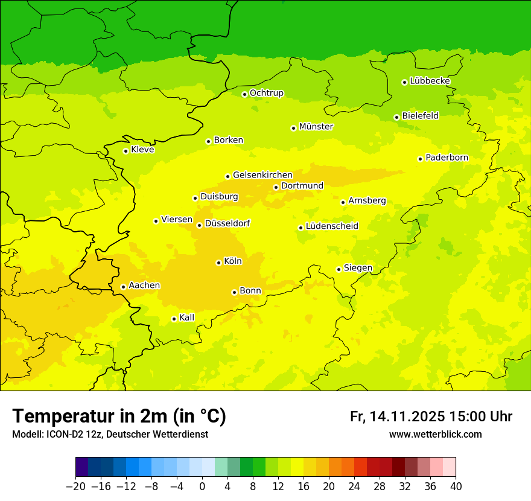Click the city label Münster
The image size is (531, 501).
[316, 127]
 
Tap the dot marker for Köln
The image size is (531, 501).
[218, 263]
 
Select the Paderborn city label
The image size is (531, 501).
[447, 158]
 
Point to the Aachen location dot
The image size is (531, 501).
[123, 287]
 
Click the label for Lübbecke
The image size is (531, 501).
[430, 81]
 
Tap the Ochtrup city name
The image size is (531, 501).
[266, 93]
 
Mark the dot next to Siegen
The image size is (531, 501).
[339, 269]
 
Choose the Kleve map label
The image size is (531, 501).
[142, 150]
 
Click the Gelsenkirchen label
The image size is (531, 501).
[262, 175]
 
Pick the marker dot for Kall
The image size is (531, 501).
[174, 319]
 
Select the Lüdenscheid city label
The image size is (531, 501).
[332, 226]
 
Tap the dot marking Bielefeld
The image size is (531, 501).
[396, 117]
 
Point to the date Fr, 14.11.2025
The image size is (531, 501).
[397, 416]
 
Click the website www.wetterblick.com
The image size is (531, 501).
[435, 434]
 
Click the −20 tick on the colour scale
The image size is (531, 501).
[75, 487]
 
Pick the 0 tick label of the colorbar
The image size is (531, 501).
[202, 487]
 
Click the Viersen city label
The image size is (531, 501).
[177, 220]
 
